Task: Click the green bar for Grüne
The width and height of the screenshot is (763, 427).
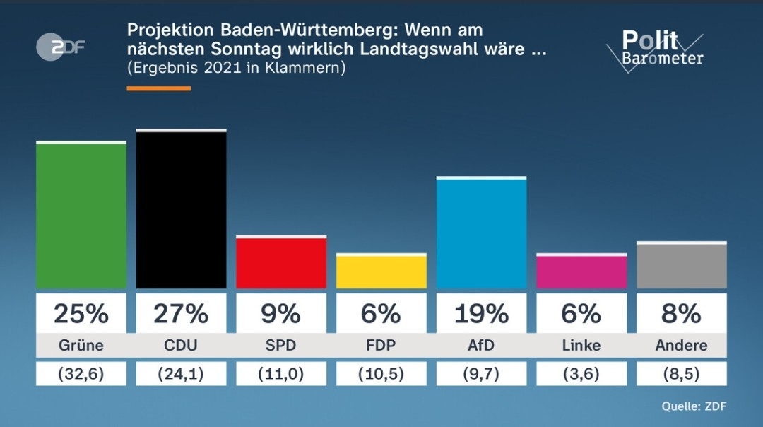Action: click(x=81, y=216)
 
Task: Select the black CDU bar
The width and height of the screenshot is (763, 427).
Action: click(x=181, y=210)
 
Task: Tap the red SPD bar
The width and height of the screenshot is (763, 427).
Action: click(x=281, y=262)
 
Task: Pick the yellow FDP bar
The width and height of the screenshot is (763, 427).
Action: click(x=381, y=271)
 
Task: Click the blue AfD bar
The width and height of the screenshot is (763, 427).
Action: click(x=481, y=233)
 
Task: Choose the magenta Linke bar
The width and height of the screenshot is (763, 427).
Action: click(x=581, y=271)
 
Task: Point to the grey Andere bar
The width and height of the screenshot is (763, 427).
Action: click(x=682, y=266)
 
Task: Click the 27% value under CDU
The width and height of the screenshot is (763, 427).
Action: click(x=181, y=313)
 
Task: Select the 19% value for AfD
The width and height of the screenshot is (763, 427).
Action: click(x=481, y=313)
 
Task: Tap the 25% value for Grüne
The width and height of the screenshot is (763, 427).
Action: click(x=81, y=313)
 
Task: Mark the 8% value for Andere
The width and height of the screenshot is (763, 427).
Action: click(x=682, y=313)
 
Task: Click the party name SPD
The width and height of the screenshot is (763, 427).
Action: click(x=281, y=346)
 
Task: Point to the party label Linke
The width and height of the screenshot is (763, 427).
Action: click(x=581, y=346)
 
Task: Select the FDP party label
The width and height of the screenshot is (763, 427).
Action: click(x=381, y=346)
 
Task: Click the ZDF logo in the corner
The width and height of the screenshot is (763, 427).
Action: click(x=61, y=47)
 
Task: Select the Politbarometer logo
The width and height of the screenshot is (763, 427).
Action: click(x=656, y=48)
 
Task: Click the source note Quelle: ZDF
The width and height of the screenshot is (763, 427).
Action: click(x=694, y=406)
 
